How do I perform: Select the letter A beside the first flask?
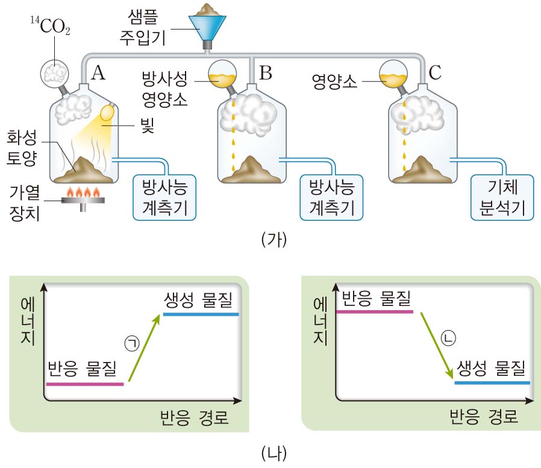[x=98, y=73]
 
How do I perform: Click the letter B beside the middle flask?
[x=266, y=73]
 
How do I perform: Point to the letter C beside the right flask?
[x=436, y=73]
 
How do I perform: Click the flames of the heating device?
[x=83, y=193]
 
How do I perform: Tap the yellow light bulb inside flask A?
[x=108, y=113]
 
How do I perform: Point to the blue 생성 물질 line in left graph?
[x=201, y=314]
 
